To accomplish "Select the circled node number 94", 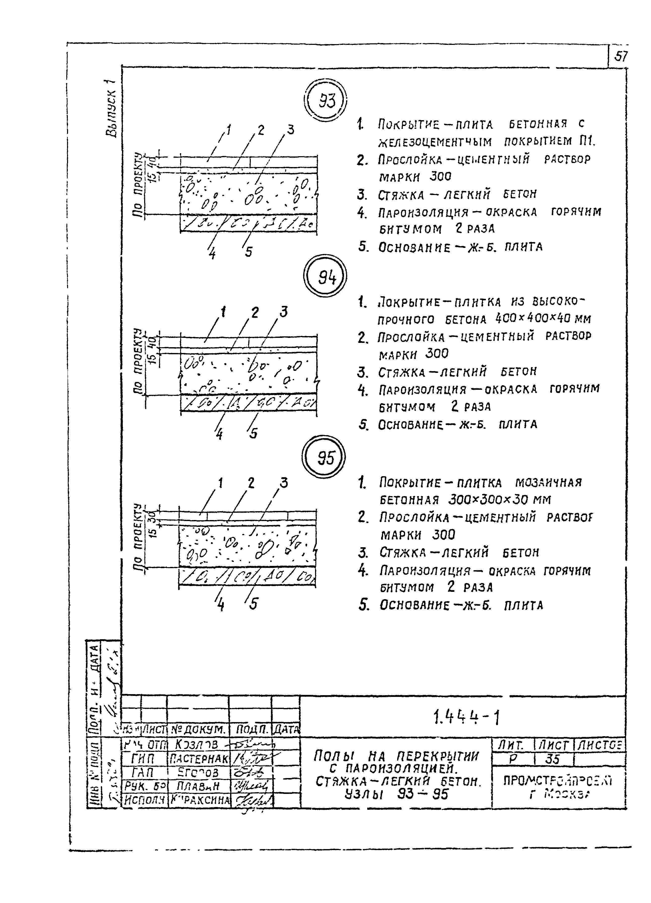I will (x=326, y=277).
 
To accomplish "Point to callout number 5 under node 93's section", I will (x=249, y=252).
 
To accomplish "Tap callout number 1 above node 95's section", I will (x=220, y=483).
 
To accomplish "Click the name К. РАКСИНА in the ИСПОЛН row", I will (x=199, y=799).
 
